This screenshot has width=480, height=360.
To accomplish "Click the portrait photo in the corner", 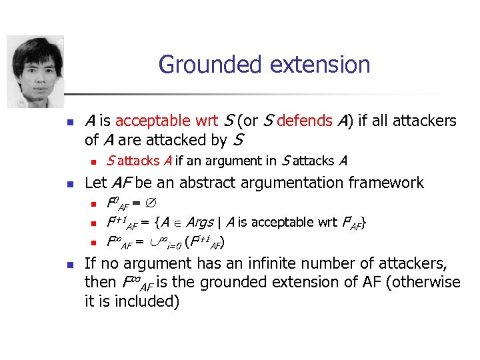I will [35, 71].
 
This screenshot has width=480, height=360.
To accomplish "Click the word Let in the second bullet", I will [96, 182].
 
